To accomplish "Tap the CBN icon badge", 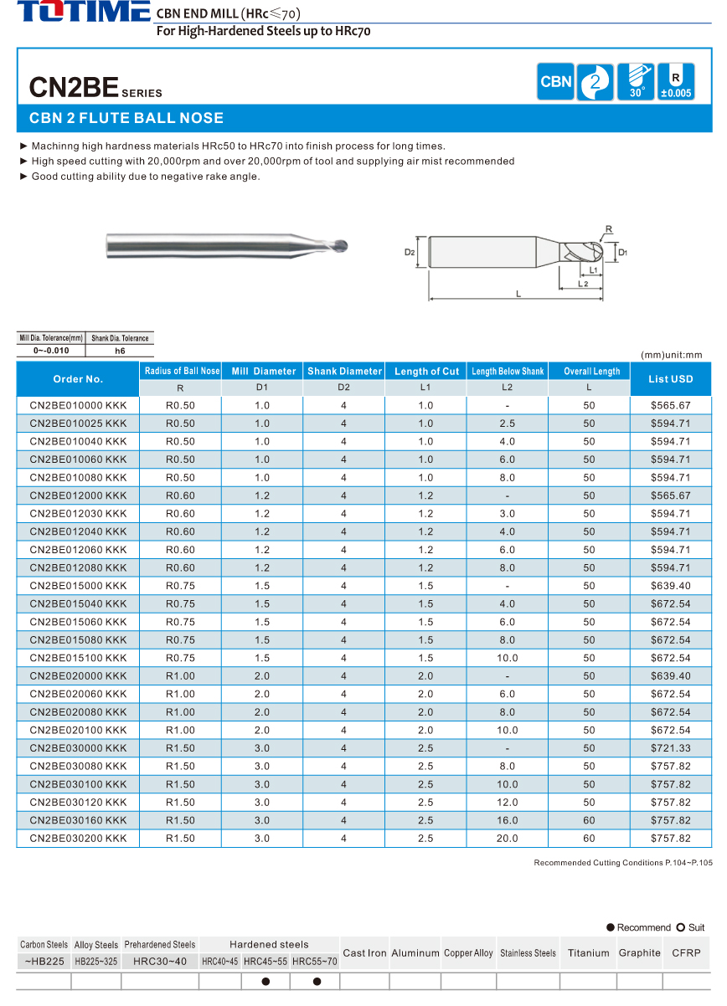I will point(556,82).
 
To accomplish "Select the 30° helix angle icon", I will point(636,82).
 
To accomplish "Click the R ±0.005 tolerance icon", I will point(676,82).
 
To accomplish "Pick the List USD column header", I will point(670,379).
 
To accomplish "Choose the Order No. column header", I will point(78,379).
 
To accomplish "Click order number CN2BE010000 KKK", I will point(78,405).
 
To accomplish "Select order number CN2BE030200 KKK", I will point(78,838).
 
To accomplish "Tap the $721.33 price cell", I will point(670,748).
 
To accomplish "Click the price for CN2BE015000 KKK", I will point(670,586).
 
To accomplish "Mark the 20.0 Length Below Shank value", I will point(508,838).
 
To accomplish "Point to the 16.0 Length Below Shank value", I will point(508,820).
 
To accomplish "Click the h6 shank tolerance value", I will point(120,351).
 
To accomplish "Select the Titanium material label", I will point(588,952).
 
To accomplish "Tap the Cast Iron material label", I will point(365,952).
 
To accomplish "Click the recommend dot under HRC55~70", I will point(317,982).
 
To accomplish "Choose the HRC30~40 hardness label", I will point(160,962).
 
